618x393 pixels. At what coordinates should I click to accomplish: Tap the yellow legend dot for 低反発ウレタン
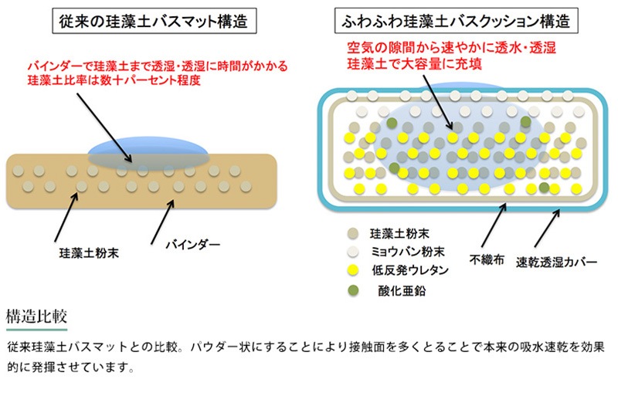[x=354, y=270]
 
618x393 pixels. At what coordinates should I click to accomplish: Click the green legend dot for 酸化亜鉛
[x=354, y=290]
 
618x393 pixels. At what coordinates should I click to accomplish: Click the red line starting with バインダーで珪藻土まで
[x=131, y=66]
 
